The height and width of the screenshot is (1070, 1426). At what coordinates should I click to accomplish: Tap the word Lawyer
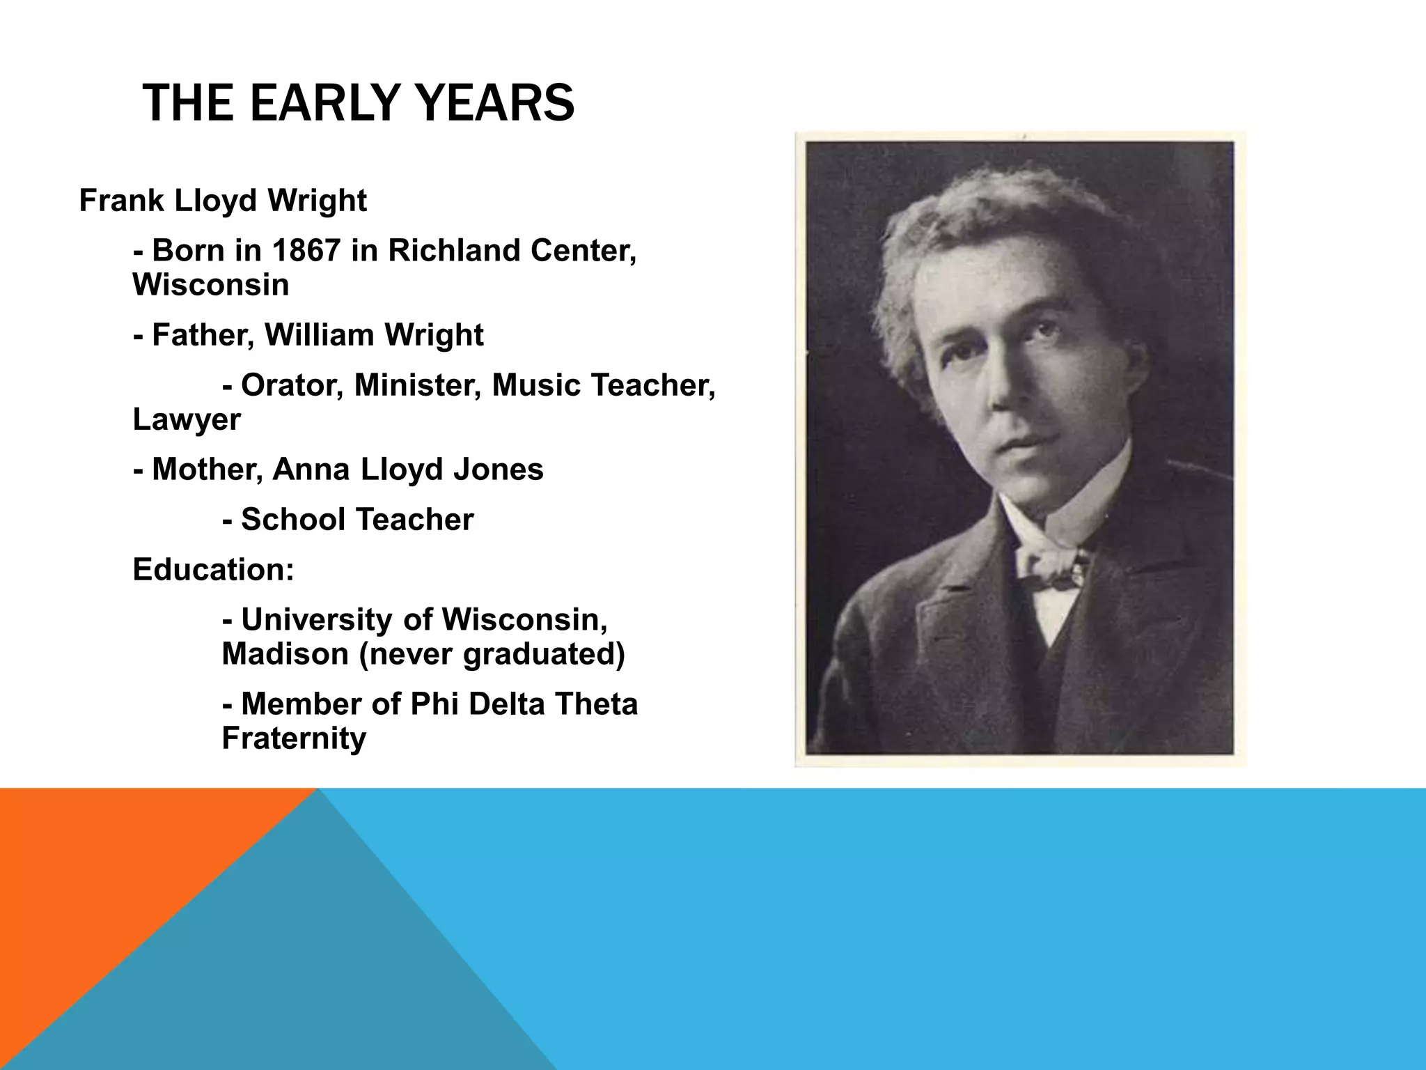pyautogui.click(x=187, y=419)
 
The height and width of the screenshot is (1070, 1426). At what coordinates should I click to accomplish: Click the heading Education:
pyautogui.click(x=213, y=570)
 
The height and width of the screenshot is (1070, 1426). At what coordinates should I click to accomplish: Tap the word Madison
pyautogui.click(x=285, y=654)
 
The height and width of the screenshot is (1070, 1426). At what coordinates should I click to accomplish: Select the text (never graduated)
pyautogui.click(x=492, y=654)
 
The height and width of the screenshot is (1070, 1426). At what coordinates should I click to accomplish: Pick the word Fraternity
pyautogui.click(x=294, y=738)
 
